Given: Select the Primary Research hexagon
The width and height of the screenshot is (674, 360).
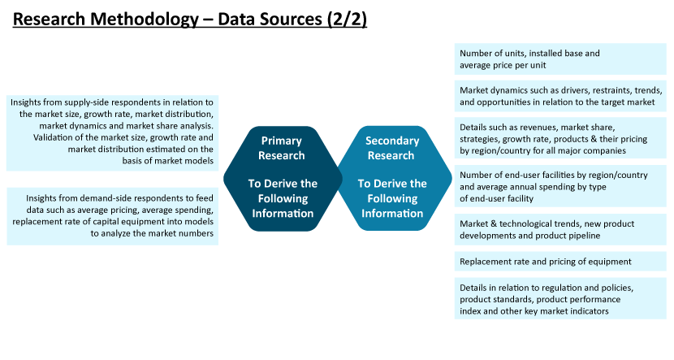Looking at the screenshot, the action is pos(283,179).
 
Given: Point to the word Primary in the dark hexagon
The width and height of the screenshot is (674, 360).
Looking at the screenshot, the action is pos(282,141).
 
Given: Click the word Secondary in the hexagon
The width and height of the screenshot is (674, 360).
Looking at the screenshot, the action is pos(392,141).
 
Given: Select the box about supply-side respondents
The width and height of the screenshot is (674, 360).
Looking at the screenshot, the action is pos(113,133).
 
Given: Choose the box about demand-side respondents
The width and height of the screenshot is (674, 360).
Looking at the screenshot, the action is pos(113,216).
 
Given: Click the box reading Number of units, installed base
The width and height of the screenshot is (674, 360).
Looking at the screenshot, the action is pos(560,59).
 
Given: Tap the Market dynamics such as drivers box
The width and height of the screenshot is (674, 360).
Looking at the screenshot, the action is pos(560,96).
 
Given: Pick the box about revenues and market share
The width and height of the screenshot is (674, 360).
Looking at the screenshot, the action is pos(560,138).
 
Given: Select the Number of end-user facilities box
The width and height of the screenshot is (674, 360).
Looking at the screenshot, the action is pos(560,186).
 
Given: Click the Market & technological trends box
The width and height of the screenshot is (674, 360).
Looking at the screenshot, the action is pos(560,229).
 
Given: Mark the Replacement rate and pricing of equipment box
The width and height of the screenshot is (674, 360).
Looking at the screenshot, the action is pos(560,262).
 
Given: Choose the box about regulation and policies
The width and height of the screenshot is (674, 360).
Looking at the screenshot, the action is pos(560,298).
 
